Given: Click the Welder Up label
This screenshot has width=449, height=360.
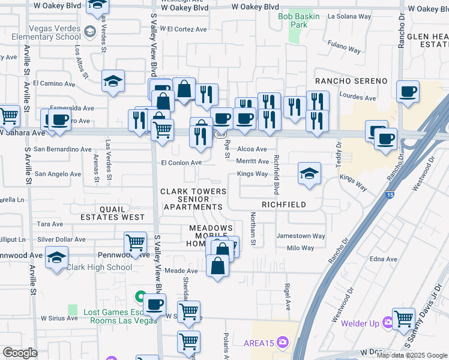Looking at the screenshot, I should click(x=360, y=324).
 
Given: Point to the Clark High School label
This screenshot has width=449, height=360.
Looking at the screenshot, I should click(x=99, y=268).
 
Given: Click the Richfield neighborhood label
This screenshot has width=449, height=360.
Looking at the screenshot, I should click(x=283, y=205).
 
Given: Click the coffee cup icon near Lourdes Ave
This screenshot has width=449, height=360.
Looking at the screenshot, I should click(x=408, y=92).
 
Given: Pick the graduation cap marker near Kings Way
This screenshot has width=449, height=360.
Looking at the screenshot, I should click(x=309, y=173).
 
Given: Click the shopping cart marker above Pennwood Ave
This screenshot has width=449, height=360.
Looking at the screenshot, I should click(x=136, y=243).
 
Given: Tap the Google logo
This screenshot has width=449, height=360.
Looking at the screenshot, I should click(x=20, y=353).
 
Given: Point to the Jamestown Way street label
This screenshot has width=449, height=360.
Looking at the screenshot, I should click(x=300, y=236).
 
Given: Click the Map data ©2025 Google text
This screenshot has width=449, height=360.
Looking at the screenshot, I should click(x=412, y=355).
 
